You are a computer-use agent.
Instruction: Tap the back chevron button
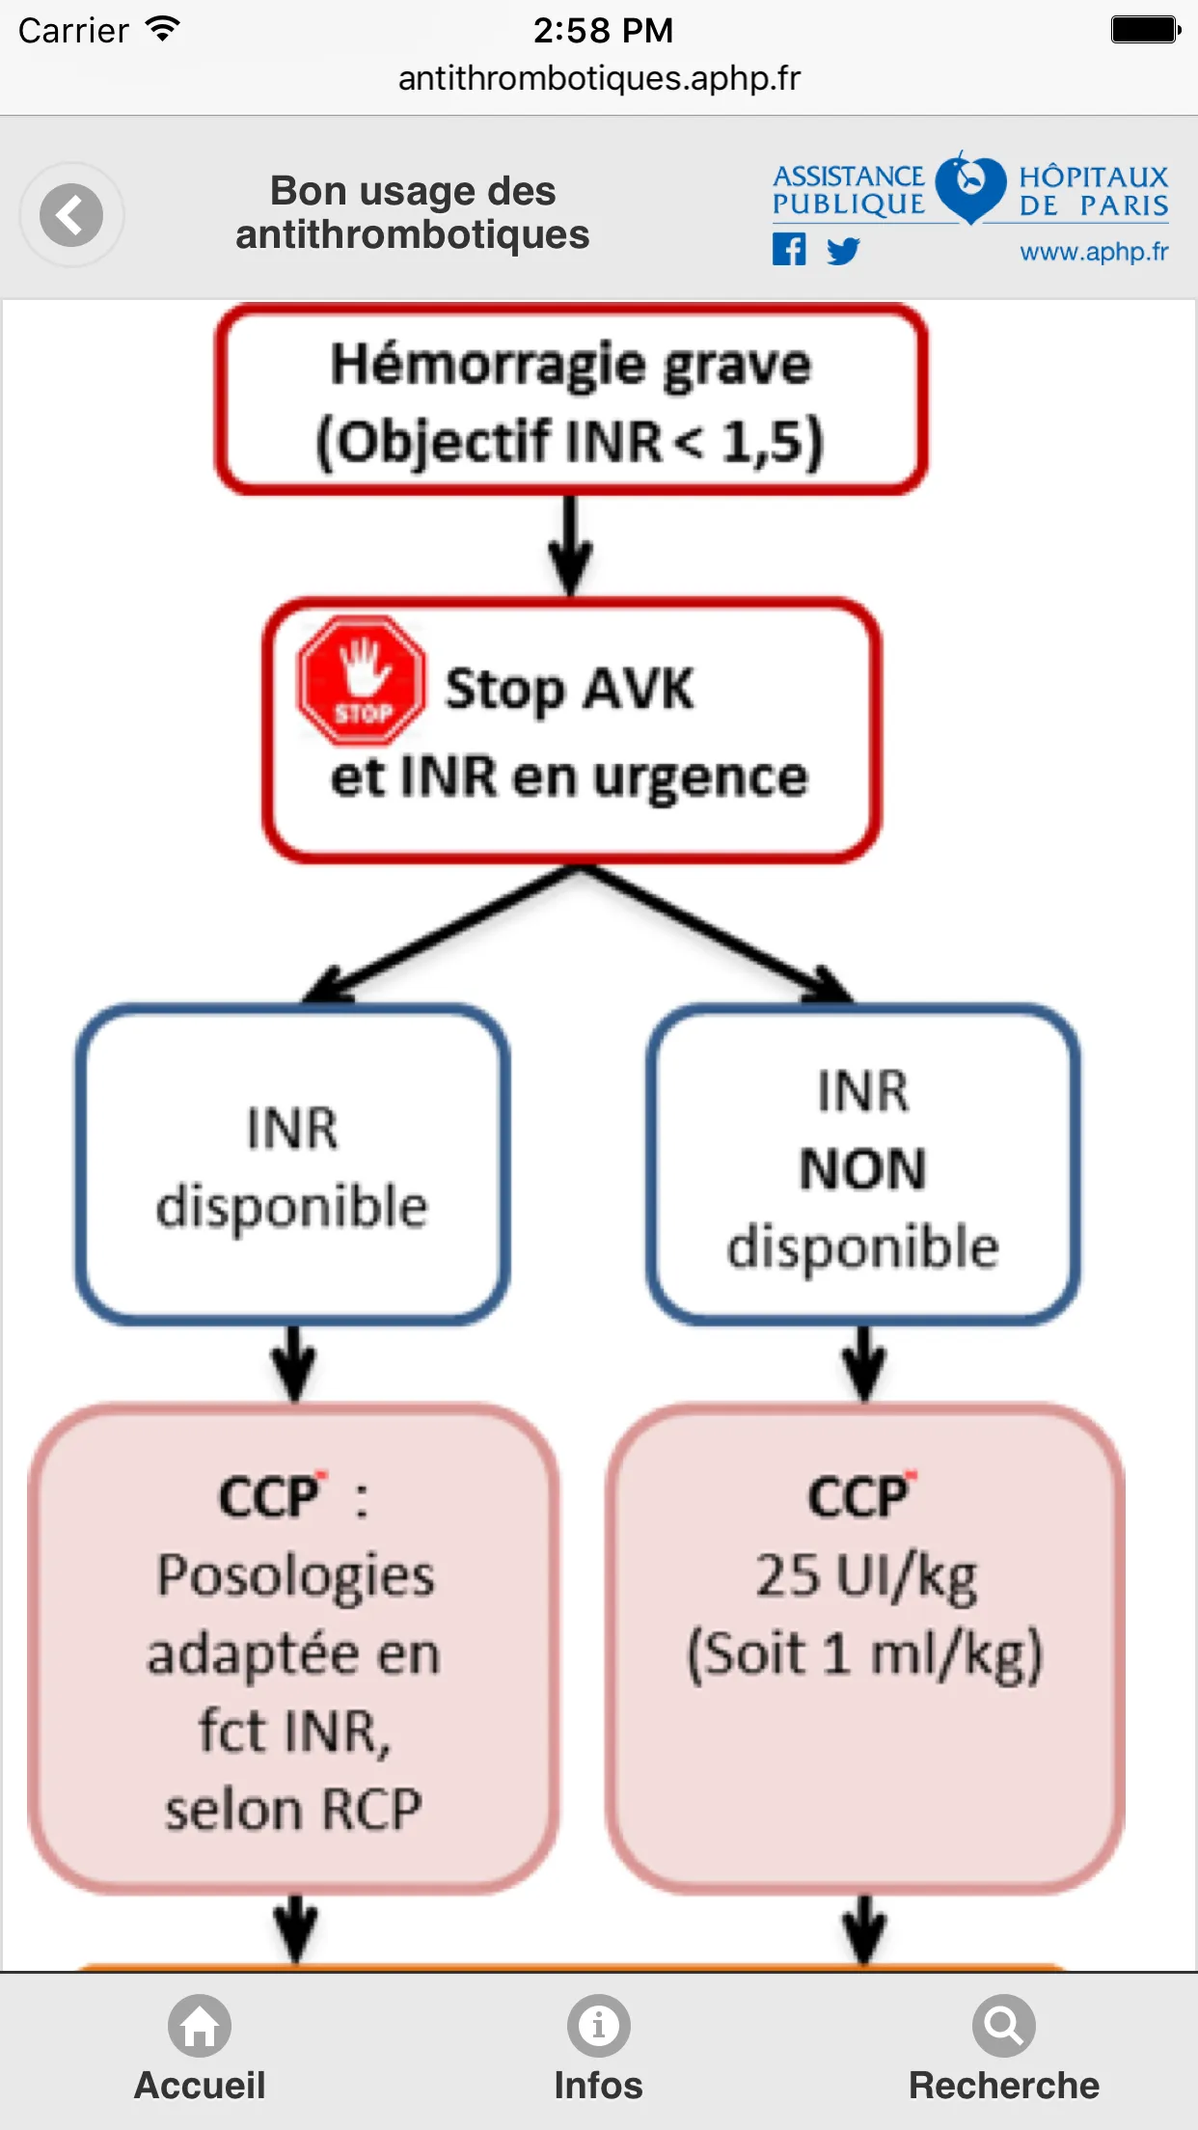(x=71, y=214)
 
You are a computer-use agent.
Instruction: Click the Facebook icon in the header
(x=789, y=250)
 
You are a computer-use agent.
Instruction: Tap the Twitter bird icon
(x=843, y=251)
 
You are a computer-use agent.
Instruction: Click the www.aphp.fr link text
(x=1094, y=252)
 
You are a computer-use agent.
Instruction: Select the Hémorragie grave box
(x=571, y=399)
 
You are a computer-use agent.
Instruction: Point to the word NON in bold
(x=863, y=1168)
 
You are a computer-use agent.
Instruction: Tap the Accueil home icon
(x=200, y=2025)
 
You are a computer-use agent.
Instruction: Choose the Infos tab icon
(x=599, y=2025)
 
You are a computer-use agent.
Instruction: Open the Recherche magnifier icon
(x=1004, y=2025)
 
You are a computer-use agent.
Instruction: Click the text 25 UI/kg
(x=865, y=1577)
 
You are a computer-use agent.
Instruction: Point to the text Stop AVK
(x=569, y=689)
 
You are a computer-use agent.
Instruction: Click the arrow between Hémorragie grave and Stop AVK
(x=571, y=545)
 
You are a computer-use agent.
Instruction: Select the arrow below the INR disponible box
(x=294, y=1362)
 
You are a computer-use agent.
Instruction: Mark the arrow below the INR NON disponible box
(x=864, y=1362)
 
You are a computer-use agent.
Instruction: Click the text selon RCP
(x=293, y=1809)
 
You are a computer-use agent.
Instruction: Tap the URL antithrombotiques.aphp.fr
(x=599, y=78)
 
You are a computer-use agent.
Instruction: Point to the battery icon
(x=1146, y=30)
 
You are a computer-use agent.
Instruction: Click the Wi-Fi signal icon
(x=163, y=30)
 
